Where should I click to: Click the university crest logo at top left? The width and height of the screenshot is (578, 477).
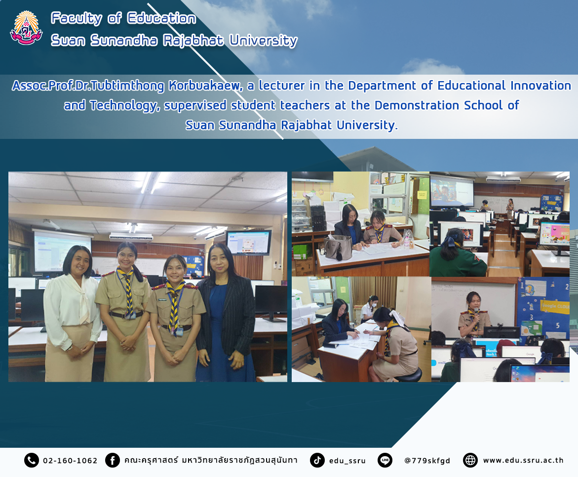(26, 28)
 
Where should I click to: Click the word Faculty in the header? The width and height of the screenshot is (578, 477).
(77, 18)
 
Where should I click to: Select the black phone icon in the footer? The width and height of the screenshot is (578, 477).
(31, 460)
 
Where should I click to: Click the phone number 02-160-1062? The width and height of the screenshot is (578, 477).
(70, 461)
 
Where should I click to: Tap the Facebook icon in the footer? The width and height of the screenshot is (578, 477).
(113, 460)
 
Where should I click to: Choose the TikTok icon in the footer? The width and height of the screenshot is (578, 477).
(317, 460)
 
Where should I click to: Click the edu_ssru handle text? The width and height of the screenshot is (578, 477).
(347, 461)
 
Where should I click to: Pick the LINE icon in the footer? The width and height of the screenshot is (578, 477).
(385, 460)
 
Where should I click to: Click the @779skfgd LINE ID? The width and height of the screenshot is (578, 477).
(427, 461)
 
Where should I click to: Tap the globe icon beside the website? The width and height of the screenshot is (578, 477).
(470, 460)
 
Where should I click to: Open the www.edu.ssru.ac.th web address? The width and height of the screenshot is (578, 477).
(523, 460)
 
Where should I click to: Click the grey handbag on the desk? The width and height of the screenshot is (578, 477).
(338, 247)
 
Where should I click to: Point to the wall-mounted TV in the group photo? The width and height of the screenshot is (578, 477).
(248, 242)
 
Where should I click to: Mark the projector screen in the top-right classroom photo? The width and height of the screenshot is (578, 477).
(452, 192)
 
